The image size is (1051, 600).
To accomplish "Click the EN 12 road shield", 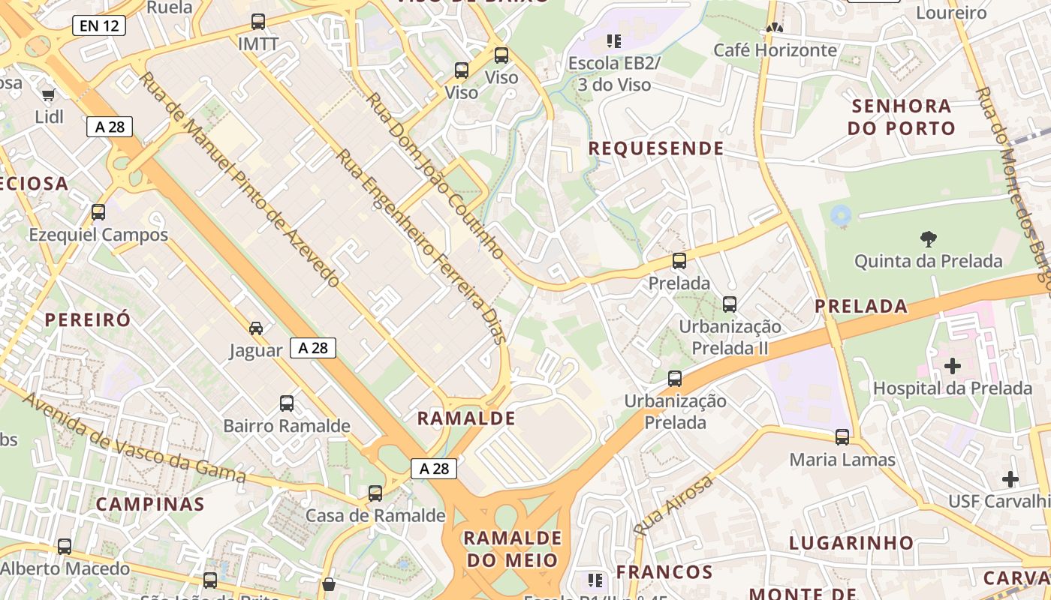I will click(x=99, y=25).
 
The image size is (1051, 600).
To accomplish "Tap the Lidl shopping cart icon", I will click(x=49, y=94).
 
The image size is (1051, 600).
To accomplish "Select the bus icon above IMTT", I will click(x=258, y=21).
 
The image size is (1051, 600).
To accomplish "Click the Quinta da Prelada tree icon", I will click(x=929, y=239).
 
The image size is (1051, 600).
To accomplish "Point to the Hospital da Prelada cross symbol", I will click(x=953, y=366).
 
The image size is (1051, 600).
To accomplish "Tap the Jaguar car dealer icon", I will click(x=256, y=328).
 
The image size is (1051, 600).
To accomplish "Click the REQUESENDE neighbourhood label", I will click(x=655, y=148).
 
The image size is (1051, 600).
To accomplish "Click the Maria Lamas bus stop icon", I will click(x=842, y=436).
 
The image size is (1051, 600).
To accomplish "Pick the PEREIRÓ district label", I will click(x=88, y=319).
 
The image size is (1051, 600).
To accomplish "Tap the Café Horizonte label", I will click(x=775, y=50).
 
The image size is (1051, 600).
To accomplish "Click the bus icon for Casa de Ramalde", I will click(x=375, y=493).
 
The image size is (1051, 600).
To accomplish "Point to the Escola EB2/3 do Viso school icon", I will click(x=614, y=40).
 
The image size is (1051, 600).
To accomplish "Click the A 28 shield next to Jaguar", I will click(x=313, y=348).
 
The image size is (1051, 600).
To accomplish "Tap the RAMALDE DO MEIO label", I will click(x=513, y=549).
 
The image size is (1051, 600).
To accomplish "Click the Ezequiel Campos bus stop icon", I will click(x=98, y=211).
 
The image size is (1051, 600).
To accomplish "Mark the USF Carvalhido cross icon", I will click(x=1010, y=478).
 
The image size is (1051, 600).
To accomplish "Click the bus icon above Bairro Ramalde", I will click(x=287, y=403).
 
